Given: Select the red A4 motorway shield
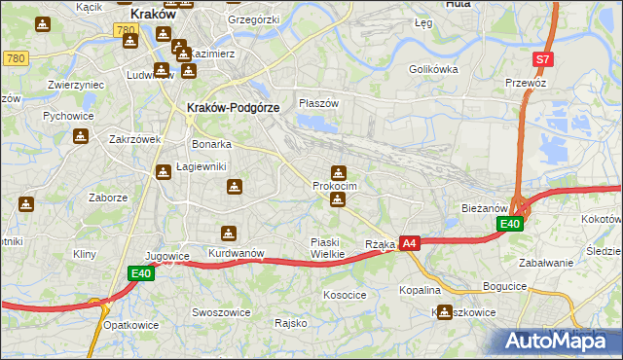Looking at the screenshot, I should click(409, 243).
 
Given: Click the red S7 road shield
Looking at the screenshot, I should click(543, 59).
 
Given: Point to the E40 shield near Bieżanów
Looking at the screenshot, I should click(510, 225).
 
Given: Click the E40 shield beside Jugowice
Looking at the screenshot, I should click(141, 274).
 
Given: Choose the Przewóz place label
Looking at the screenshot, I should click(529, 84).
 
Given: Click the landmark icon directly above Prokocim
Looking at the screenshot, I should click(338, 172).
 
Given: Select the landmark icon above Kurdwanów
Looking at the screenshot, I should click(228, 234).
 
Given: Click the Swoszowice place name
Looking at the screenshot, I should click(222, 312).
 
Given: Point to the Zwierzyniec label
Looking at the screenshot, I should click(76, 85).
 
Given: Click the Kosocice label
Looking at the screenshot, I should click(345, 294).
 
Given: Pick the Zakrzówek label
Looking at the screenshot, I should click(134, 139).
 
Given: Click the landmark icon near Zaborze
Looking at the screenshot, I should click(25, 204).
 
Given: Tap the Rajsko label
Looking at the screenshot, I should click(291, 322).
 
